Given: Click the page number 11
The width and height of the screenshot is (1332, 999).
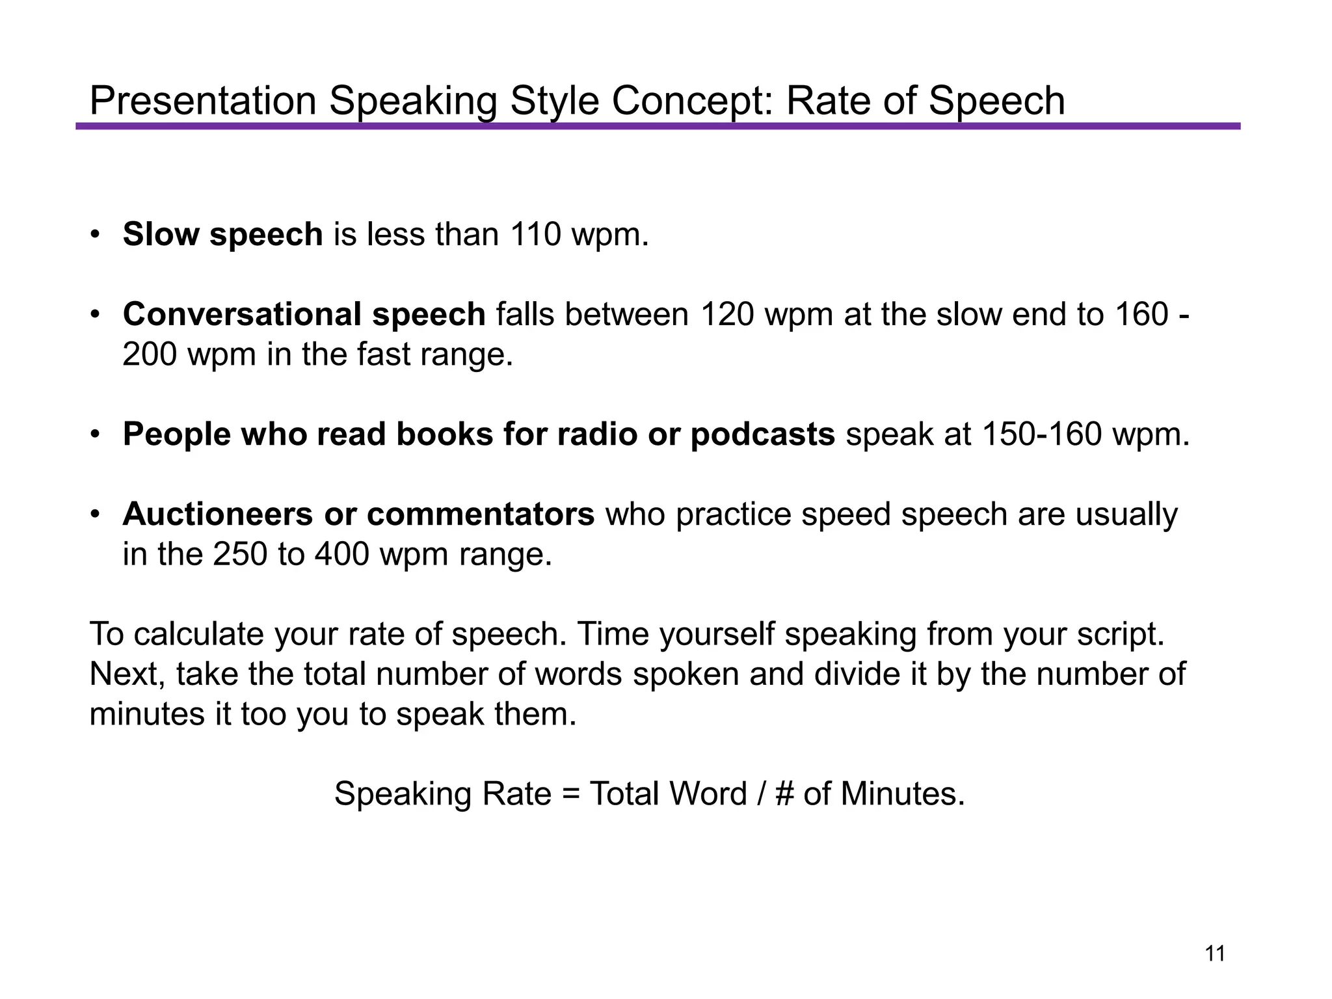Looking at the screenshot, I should (x=1215, y=953).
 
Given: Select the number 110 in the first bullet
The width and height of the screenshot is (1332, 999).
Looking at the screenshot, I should (x=535, y=234).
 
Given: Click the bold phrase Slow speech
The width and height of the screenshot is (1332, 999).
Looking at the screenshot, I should (x=222, y=234).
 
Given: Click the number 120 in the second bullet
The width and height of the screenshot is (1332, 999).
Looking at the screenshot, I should (x=726, y=314).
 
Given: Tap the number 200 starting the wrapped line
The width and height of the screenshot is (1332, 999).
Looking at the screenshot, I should (x=149, y=354).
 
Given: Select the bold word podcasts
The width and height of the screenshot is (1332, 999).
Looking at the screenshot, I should (x=762, y=434).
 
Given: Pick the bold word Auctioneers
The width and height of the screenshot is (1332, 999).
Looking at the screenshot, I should (x=217, y=514).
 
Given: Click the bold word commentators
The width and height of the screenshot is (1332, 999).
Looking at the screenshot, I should (x=481, y=514).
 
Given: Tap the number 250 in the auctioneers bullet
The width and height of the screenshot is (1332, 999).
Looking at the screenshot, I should (x=240, y=554).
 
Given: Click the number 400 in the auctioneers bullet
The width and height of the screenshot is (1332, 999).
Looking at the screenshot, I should (x=341, y=554).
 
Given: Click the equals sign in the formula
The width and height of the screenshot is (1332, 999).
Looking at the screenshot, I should (x=570, y=794).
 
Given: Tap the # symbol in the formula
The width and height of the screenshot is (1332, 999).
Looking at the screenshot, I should (x=784, y=794).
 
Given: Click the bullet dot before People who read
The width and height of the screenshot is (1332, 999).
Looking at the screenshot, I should (x=95, y=434).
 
